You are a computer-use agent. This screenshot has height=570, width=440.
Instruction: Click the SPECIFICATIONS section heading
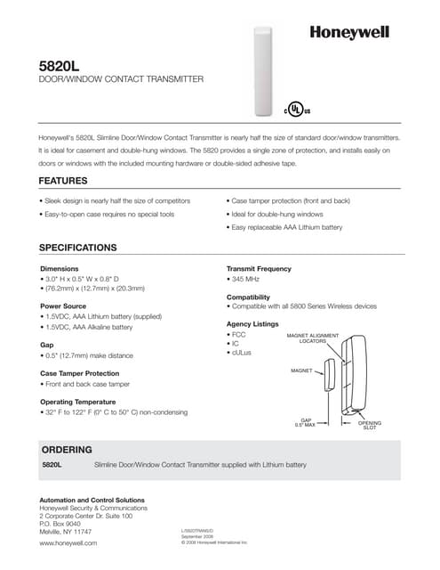click(78, 247)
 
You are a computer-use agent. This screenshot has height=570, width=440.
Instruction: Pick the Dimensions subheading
click(60, 268)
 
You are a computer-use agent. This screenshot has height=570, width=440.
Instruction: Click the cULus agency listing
click(242, 354)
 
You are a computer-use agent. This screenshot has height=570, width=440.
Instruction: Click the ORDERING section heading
click(68, 450)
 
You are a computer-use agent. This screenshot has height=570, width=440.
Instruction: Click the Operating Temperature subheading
click(84, 402)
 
